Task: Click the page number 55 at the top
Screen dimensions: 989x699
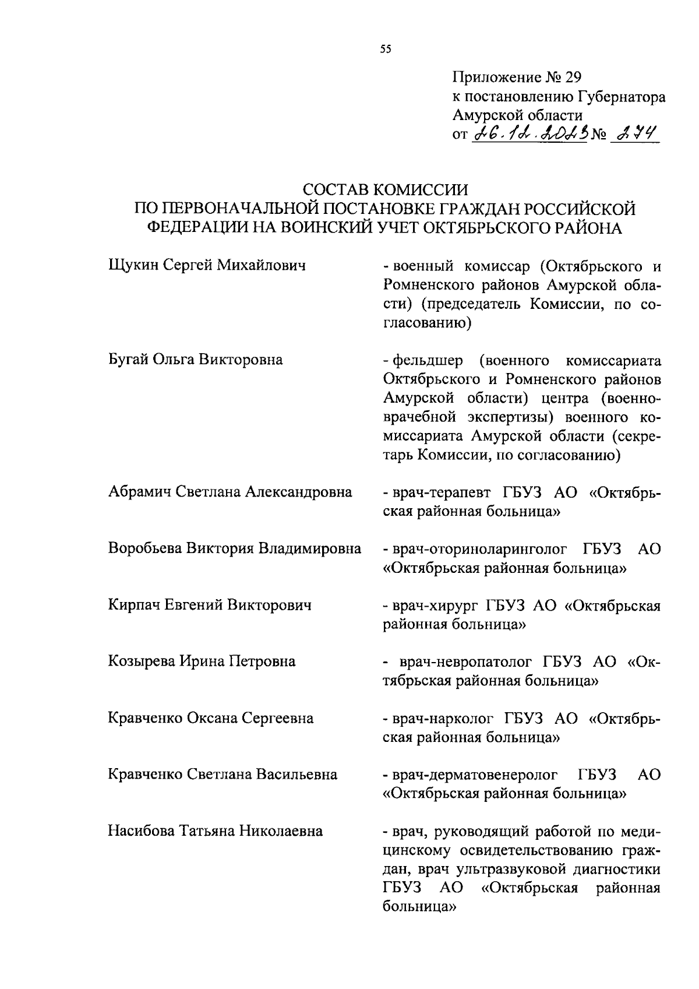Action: [385, 50]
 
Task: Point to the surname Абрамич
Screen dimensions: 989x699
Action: [140, 492]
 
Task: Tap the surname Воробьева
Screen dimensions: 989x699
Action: [145, 548]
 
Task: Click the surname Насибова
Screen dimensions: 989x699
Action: [140, 831]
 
